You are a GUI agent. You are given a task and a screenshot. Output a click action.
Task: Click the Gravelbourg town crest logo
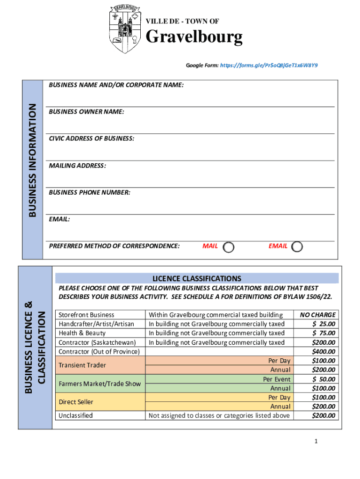(124, 29)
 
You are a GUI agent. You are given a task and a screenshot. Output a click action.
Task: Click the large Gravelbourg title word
(194, 36)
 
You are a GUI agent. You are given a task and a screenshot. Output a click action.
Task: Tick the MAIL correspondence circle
(229, 247)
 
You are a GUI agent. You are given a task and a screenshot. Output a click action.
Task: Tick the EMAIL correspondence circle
(297, 247)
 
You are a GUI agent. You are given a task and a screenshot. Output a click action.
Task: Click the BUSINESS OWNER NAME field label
(86, 112)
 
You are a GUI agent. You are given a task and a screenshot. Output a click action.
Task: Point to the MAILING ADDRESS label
(77, 166)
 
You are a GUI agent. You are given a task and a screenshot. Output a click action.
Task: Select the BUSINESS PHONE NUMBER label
(89, 192)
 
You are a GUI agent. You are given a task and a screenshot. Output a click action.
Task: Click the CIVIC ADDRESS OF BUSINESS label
(91, 138)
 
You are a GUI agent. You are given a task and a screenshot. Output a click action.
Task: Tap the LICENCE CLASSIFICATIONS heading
(196, 278)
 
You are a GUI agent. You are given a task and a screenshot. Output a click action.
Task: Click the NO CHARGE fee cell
(317, 315)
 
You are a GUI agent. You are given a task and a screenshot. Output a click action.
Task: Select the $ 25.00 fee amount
(323, 324)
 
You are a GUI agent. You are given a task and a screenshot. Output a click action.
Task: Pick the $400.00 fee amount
(323, 351)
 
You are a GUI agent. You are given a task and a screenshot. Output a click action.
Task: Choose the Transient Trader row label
(82, 365)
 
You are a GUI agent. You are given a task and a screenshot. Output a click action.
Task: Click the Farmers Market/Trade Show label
(100, 384)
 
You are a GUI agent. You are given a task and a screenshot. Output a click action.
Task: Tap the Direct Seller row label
(76, 402)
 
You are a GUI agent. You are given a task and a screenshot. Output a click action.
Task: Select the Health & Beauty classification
(82, 333)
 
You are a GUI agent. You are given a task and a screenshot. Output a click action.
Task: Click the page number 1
(316, 441)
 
